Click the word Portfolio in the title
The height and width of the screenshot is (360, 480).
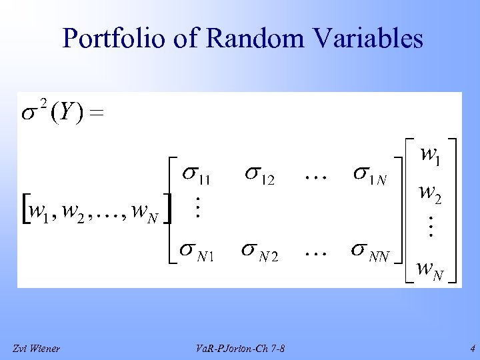pyautogui.click(x=107, y=39)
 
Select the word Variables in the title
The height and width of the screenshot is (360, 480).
pyautogui.click(x=371, y=39)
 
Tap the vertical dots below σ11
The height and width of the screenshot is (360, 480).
pyautogui.click(x=196, y=207)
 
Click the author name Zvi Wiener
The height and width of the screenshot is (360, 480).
pyautogui.click(x=36, y=349)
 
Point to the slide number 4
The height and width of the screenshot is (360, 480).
pyautogui.click(x=471, y=348)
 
